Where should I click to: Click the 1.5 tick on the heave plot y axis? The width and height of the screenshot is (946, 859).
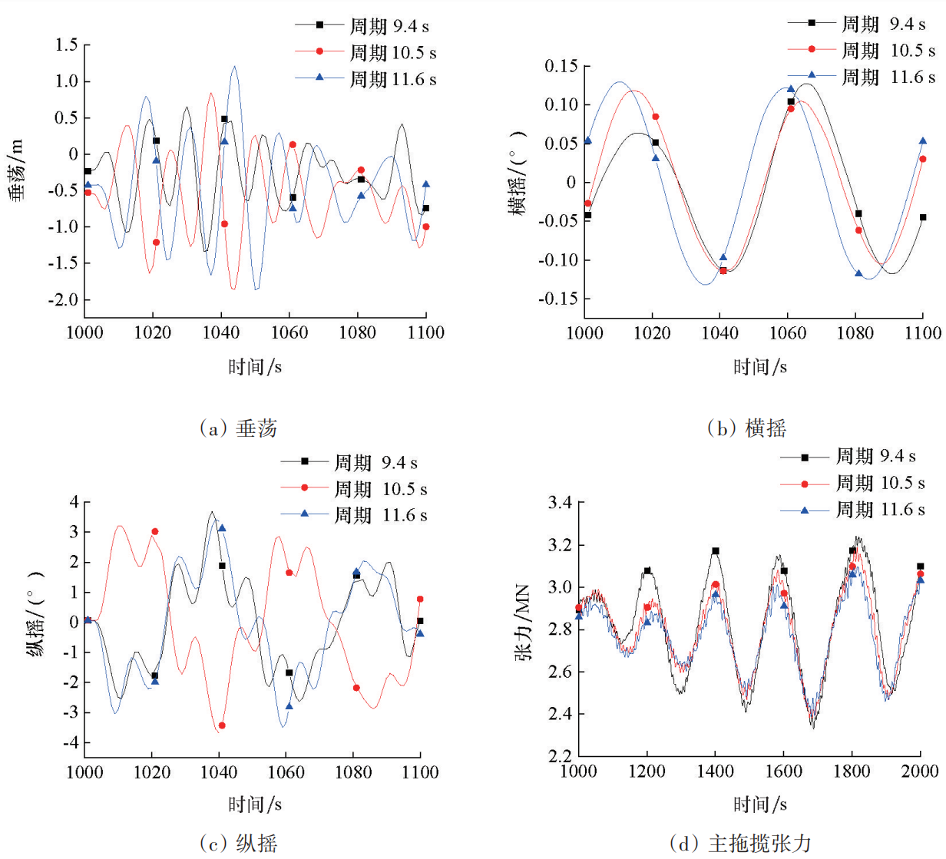67,45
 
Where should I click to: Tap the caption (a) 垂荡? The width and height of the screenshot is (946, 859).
238,428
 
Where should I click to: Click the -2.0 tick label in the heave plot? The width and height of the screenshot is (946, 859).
63,300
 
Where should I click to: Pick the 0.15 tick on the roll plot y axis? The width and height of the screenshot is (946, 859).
561,66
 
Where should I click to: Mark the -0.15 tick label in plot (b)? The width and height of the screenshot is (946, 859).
558,298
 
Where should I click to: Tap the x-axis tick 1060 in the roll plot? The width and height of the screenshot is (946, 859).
788,333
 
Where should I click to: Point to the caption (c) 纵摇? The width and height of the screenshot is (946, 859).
238,844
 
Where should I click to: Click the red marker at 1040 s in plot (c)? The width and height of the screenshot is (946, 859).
222,725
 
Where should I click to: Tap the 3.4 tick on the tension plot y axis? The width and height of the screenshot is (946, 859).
560,503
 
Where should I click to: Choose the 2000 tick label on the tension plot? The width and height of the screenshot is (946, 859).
920,771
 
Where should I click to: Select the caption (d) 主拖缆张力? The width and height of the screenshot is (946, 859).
740,844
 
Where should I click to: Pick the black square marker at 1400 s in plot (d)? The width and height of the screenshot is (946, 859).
716,551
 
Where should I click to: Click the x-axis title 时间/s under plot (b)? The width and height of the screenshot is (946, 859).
759,367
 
